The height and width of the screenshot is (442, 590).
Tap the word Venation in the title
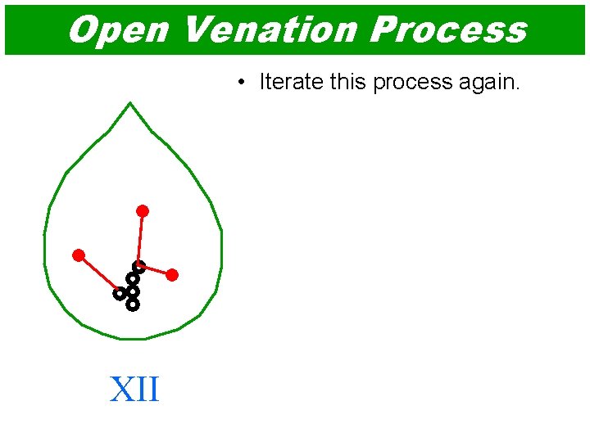269,29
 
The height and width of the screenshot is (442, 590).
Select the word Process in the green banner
448,29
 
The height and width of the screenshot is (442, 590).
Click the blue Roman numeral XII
134,390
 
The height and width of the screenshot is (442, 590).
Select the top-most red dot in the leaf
143,211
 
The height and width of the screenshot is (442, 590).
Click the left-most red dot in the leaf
79,255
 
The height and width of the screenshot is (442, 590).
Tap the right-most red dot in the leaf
172,275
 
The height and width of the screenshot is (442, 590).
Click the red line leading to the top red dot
141,237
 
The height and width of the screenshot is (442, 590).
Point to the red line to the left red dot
98,272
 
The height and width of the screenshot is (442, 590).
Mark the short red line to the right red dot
156,270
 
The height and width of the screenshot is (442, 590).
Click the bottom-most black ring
133,304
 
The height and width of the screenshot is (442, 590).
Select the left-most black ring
120,292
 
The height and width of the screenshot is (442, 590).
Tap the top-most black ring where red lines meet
139,266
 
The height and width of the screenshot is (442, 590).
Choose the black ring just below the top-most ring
133,278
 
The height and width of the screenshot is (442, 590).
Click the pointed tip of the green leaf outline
130,103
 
